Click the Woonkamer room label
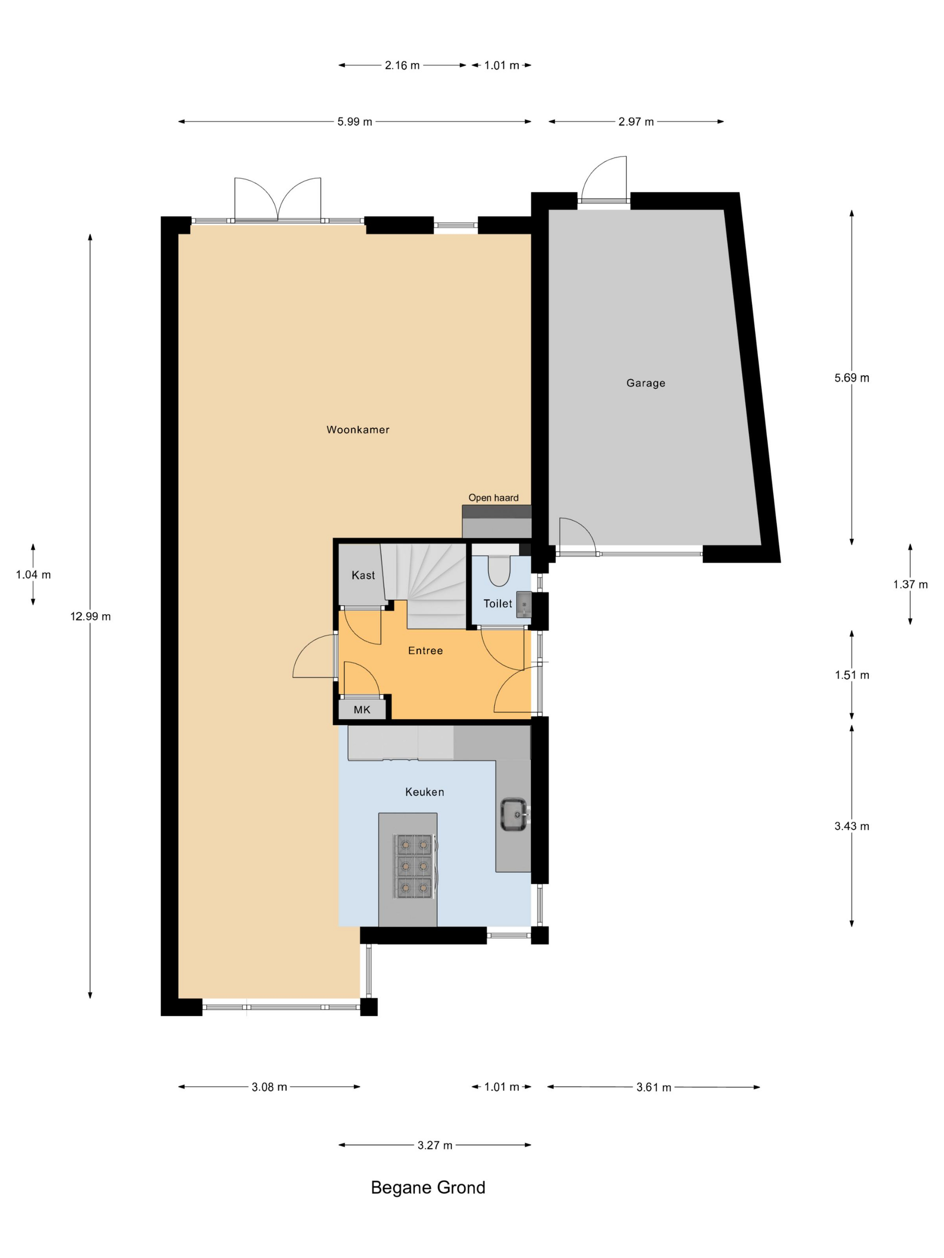coord(358,430)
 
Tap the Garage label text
coord(646,383)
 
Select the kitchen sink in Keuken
coord(514,815)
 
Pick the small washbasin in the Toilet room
coord(524,605)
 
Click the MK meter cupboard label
coord(362,710)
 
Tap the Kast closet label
coord(363,576)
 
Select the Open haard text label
coord(493,498)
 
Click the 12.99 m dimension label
coord(90,616)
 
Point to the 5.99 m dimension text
coord(355,122)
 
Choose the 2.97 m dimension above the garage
coord(636,122)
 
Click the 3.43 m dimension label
coord(852,826)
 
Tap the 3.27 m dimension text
coord(435,1145)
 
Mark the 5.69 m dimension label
coord(852,378)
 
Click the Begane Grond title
coord(428,1187)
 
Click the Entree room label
coord(426,651)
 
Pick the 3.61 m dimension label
coord(654,1087)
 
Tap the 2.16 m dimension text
coord(402,66)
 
